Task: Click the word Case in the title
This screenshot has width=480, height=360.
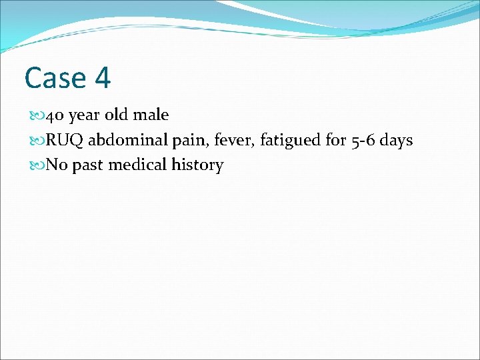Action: click(x=55, y=77)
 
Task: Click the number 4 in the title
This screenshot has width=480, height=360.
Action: click(x=102, y=77)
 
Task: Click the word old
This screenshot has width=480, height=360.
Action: click(x=117, y=115)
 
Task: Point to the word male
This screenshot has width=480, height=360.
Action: click(x=151, y=115)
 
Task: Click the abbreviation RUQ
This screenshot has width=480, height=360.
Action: click(x=65, y=140)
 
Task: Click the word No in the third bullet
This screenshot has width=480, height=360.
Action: click(x=57, y=165)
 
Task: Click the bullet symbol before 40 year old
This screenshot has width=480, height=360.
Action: click(x=36, y=115)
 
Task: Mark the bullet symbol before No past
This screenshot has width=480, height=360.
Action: click(x=36, y=165)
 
